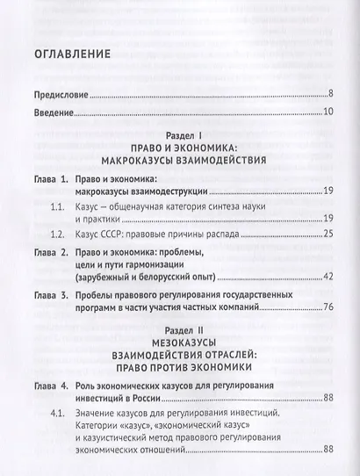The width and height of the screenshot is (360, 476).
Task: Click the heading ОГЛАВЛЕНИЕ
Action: [x=72, y=54]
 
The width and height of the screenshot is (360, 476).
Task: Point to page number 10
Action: [x=321, y=113]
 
